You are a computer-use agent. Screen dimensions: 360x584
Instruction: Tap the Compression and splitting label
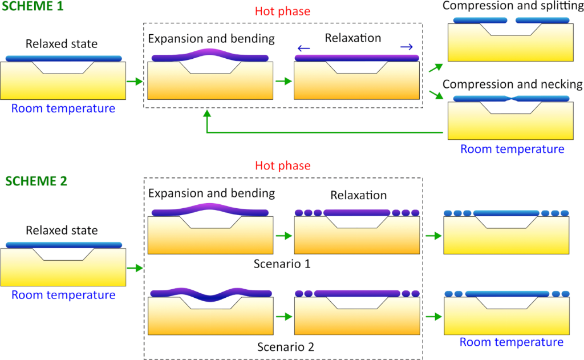click(x=512, y=6)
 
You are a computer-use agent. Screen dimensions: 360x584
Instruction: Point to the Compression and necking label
click(x=512, y=84)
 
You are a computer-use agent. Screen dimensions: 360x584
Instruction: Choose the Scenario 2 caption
click(x=285, y=346)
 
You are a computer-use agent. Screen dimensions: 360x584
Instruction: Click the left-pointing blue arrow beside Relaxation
click(x=303, y=48)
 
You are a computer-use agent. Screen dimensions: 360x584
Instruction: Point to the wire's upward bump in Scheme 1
click(x=210, y=53)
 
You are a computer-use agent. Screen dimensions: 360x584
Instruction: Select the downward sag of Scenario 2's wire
click(x=210, y=297)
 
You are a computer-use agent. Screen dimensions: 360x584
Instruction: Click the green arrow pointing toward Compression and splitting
click(x=435, y=68)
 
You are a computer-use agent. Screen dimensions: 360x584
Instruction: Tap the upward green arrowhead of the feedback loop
click(x=207, y=114)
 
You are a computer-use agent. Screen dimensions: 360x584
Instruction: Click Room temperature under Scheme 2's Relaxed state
click(x=63, y=295)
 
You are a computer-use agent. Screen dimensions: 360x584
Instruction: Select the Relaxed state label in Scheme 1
click(x=62, y=43)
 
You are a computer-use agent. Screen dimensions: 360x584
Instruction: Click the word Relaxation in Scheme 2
click(x=358, y=196)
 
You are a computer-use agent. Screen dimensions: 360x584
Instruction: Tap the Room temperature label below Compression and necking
click(x=512, y=149)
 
